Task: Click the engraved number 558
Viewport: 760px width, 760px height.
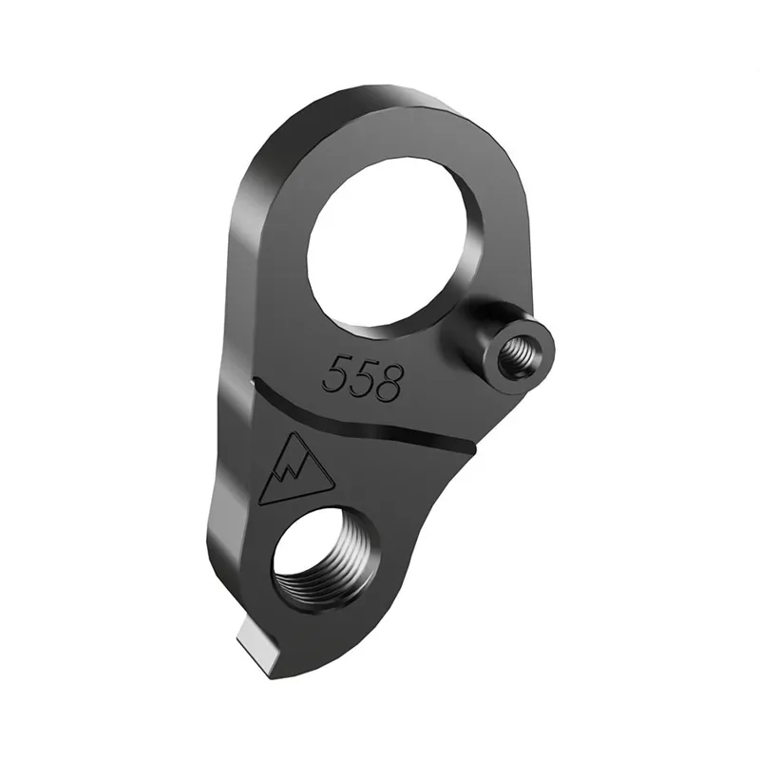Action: (362, 376)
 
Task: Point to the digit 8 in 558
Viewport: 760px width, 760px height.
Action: (389, 382)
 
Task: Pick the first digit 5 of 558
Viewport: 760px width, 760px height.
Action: (335, 371)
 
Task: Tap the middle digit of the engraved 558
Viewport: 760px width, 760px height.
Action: (362, 377)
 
